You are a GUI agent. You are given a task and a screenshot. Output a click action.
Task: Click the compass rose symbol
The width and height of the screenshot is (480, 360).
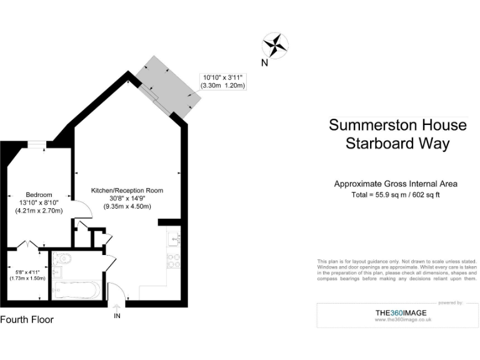point(275,45)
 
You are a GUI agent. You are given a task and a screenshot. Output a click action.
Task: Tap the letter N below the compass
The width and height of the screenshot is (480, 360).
point(264,62)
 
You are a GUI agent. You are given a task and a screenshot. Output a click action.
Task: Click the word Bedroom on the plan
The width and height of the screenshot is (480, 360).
point(39,194)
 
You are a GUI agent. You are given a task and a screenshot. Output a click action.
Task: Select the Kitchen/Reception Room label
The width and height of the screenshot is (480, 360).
point(127,190)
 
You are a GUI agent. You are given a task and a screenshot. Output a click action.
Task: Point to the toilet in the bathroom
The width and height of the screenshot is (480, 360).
point(62,258)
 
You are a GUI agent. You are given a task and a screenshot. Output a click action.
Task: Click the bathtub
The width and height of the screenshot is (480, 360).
point(75,289)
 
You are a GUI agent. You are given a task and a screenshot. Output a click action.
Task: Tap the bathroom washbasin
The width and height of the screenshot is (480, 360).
point(57,272)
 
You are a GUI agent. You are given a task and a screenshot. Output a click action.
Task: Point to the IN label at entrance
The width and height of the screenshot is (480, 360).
point(117,316)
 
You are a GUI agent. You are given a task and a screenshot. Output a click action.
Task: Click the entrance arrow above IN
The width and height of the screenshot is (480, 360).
point(117,307)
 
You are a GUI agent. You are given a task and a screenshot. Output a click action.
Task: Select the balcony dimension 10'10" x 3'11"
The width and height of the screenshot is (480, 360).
point(222,77)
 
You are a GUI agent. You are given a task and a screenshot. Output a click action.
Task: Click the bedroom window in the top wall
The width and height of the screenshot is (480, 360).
point(37,144)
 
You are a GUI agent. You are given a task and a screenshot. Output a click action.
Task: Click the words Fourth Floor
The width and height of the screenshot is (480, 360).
point(27,319)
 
